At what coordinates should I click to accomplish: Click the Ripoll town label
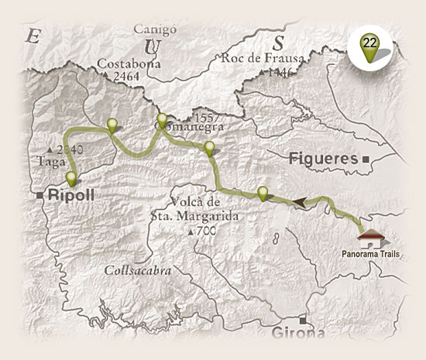pyautogui.click(x=70, y=196)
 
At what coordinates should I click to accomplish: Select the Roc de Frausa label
pyautogui.click(x=257, y=56)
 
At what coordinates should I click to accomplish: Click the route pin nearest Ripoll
pyautogui.click(x=71, y=179)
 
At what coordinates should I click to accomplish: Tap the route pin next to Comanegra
pyautogui.click(x=162, y=122)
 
